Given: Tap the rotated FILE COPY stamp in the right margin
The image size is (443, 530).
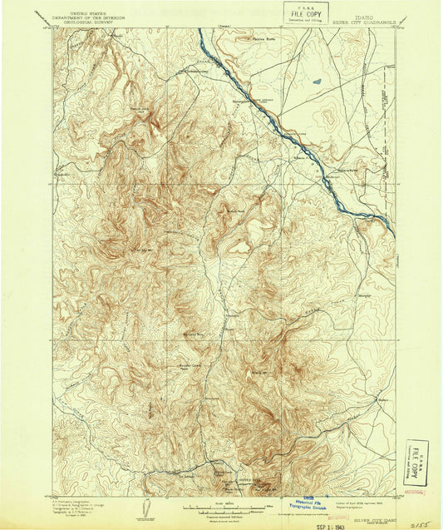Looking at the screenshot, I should [x=416, y=462].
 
